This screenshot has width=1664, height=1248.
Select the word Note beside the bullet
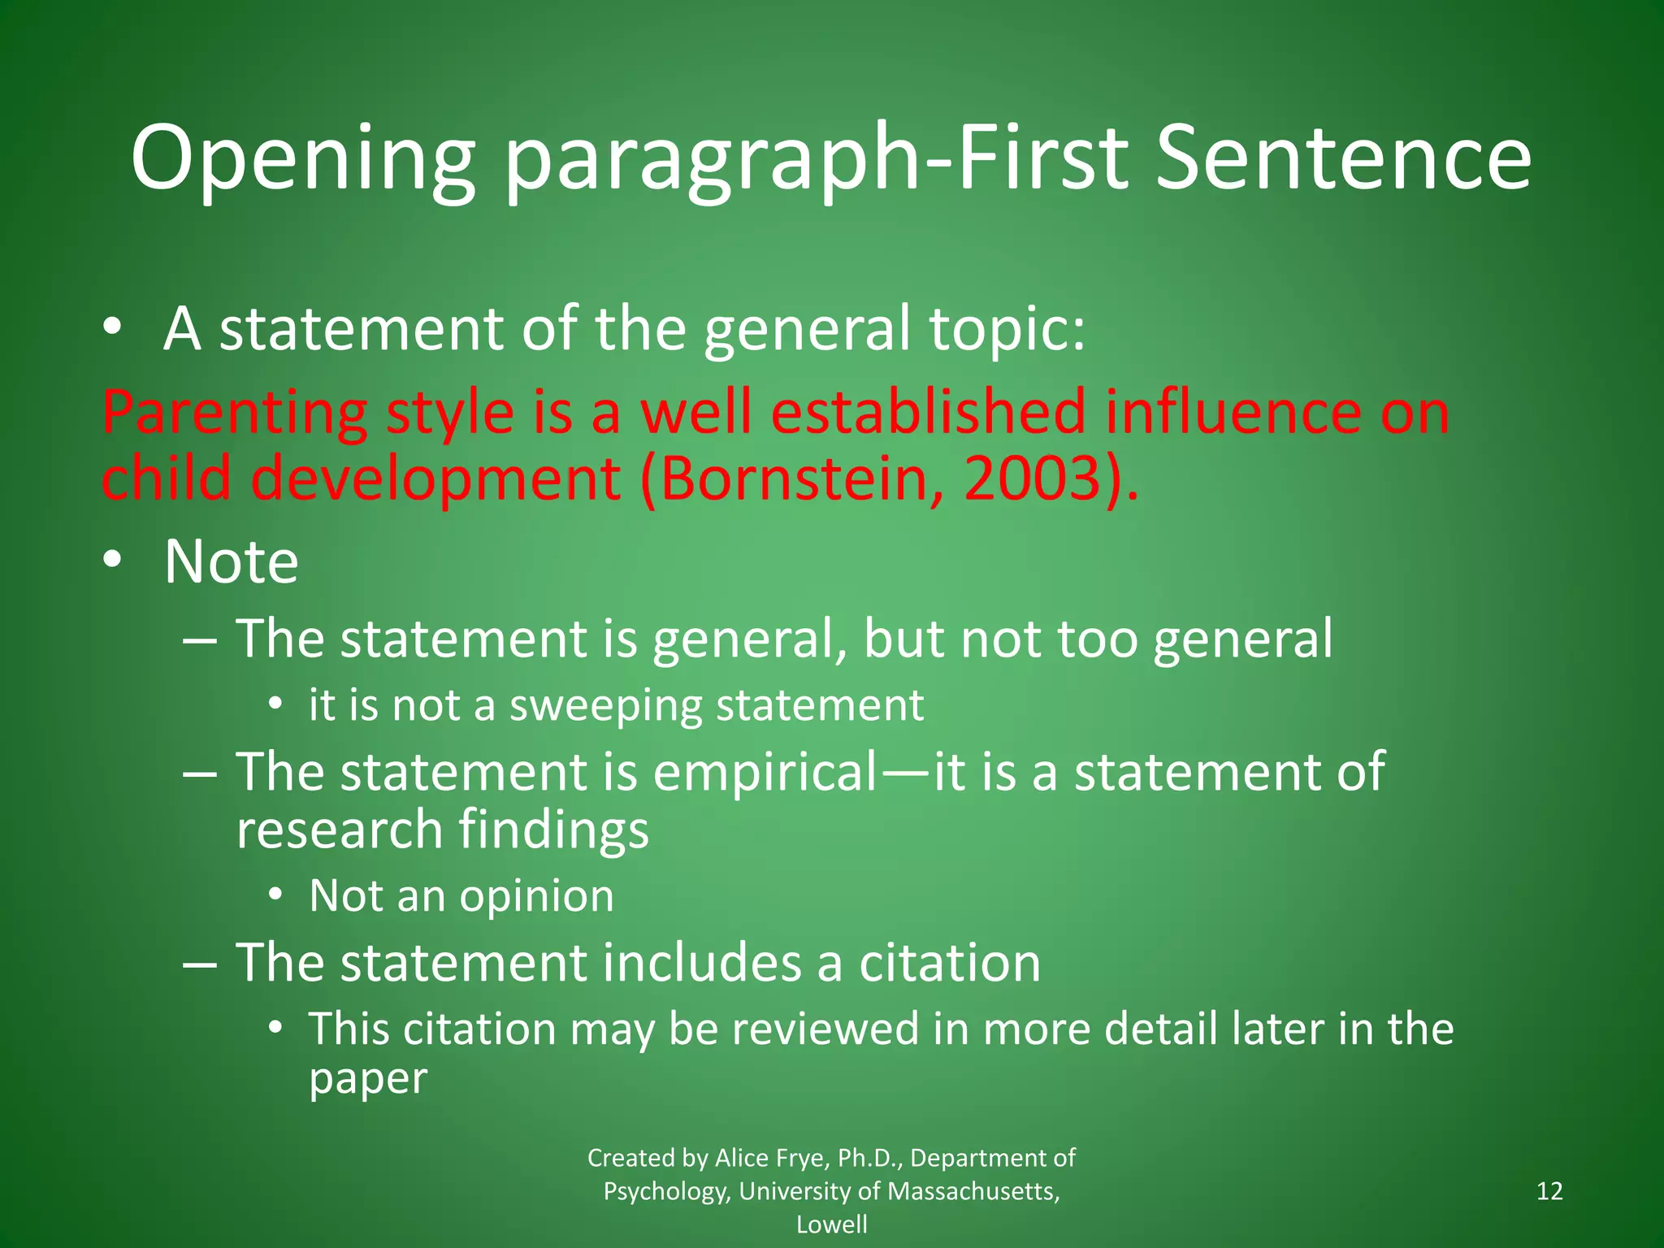[x=231, y=561]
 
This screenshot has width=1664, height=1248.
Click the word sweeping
[x=605, y=706]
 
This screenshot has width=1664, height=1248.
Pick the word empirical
[x=764, y=773]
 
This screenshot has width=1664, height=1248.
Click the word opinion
[x=536, y=897]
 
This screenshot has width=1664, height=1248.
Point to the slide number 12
[x=1549, y=1191]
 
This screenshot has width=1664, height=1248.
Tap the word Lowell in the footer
[x=831, y=1224]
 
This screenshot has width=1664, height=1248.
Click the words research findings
[x=442, y=830]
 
